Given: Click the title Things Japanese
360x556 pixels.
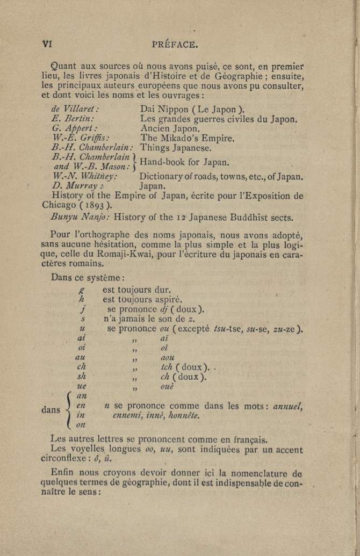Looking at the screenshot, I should (176, 148).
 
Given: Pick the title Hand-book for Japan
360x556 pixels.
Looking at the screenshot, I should (184, 162).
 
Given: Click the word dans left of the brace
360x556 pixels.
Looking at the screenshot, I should (51, 410).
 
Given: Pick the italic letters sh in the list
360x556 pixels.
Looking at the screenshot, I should (82, 376).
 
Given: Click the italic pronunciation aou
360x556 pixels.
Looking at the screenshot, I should (168, 357).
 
